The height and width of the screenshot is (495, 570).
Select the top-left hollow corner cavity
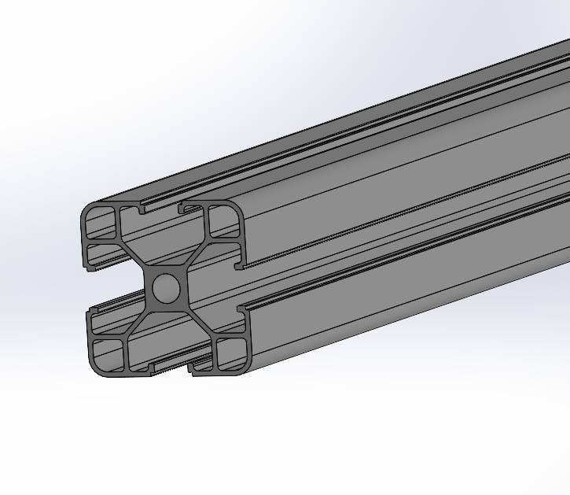pos(100,222)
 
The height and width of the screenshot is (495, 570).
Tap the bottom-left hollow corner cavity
pos(108,354)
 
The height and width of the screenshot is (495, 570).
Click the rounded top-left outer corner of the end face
pos(85,211)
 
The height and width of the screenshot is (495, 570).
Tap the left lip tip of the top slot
pos(141,210)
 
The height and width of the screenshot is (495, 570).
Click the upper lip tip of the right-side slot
pos(239,264)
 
